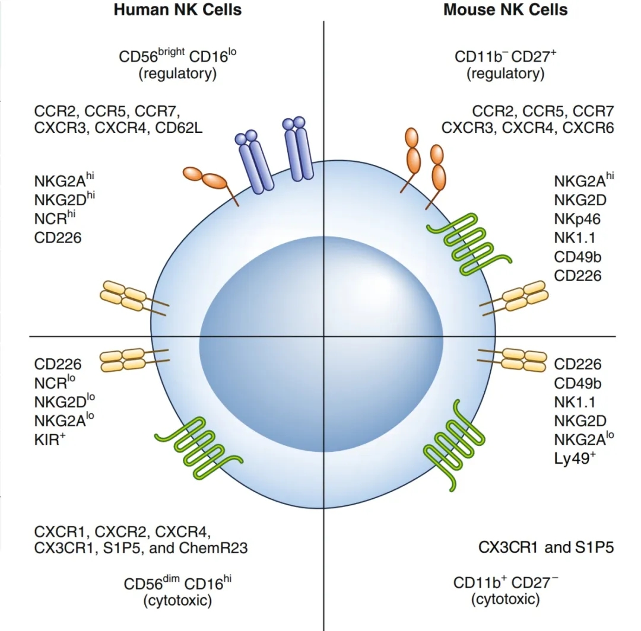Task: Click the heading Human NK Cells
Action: [178, 10]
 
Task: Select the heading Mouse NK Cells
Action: [505, 10]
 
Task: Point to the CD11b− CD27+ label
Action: [505, 58]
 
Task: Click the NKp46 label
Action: [577, 219]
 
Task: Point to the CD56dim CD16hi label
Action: [177, 584]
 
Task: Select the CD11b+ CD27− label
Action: [505, 582]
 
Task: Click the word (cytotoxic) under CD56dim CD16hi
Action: [177, 600]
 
